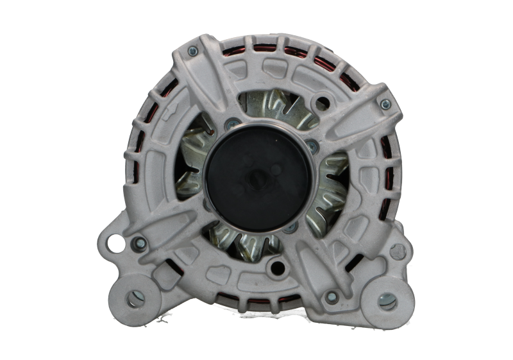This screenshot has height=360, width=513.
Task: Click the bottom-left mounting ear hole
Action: (x=135, y=298)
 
